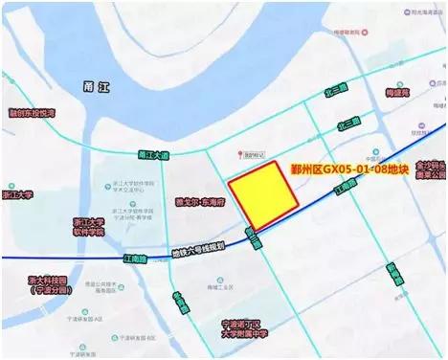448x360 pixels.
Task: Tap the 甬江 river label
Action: tap(98, 87)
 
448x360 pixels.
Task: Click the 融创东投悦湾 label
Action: tap(33, 113)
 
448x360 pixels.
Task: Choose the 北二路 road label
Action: tap(348, 124)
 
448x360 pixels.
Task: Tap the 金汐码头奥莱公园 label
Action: tap(428, 169)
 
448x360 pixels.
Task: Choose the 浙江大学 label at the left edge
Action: tap(17, 194)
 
